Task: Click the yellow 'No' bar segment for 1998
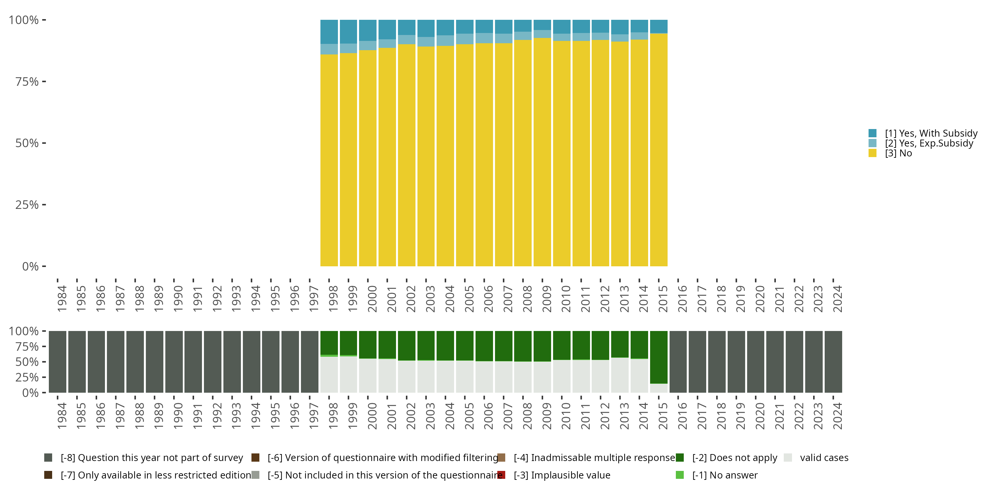[329, 161]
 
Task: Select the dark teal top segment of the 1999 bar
[348, 31]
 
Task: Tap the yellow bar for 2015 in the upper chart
[659, 150]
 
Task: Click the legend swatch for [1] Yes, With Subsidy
[873, 133]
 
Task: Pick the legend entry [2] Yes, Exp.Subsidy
[929, 143]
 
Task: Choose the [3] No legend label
[898, 153]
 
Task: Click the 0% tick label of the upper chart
[30, 266]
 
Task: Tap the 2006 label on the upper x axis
[488, 299]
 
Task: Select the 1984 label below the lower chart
[61, 416]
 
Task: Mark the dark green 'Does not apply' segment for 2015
[659, 357]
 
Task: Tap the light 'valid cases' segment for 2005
[465, 377]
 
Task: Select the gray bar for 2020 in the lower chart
[756, 362]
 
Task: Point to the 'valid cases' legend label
[824, 458]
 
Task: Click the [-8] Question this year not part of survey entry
[151, 458]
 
